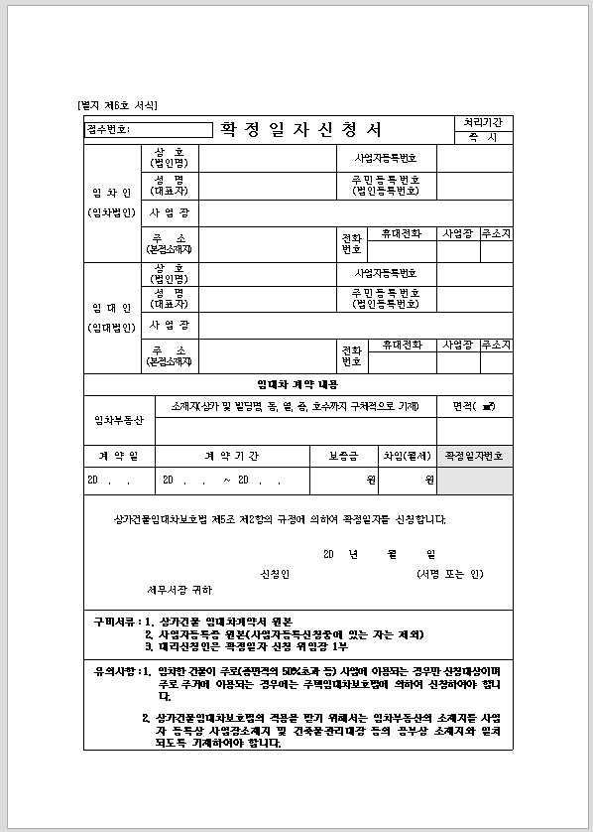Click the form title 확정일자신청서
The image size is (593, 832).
300,130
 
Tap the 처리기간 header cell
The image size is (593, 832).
482,122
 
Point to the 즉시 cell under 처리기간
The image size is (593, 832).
482,137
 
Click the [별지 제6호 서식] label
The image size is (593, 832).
117,105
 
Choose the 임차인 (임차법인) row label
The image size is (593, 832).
112,203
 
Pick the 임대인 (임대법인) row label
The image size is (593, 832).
112,318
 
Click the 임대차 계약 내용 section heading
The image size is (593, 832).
297,383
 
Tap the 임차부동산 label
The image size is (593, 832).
119,420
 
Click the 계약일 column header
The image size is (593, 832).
112,456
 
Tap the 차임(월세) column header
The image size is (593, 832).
408,456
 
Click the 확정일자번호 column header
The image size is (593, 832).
475,456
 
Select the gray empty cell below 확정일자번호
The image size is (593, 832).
475,481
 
